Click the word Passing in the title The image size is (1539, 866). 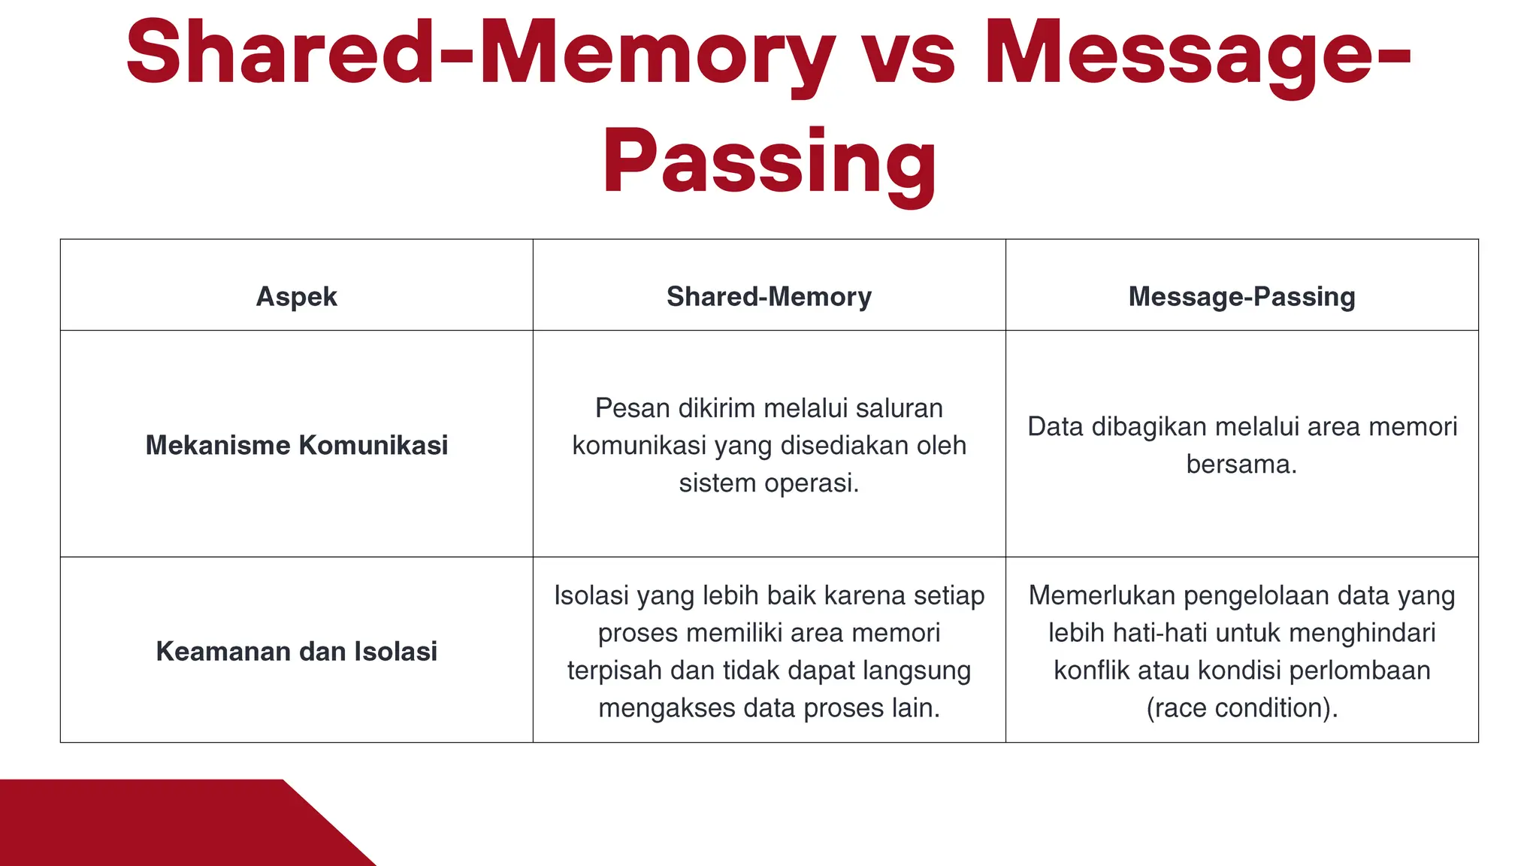(769, 162)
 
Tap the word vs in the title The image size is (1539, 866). (908, 54)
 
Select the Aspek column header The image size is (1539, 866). (296, 296)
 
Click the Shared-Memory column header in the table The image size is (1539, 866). (769, 296)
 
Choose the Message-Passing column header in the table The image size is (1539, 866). (1241, 296)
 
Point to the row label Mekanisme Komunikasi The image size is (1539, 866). (296, 445)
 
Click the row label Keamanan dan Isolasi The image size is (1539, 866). (296, 651)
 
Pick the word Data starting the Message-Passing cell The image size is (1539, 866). (1056, 426)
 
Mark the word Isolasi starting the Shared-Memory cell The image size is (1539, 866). (591, 595)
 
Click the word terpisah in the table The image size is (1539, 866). (615, 670)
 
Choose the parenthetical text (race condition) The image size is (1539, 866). (1241, 707)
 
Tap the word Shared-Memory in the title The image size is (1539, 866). (481, 54)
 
